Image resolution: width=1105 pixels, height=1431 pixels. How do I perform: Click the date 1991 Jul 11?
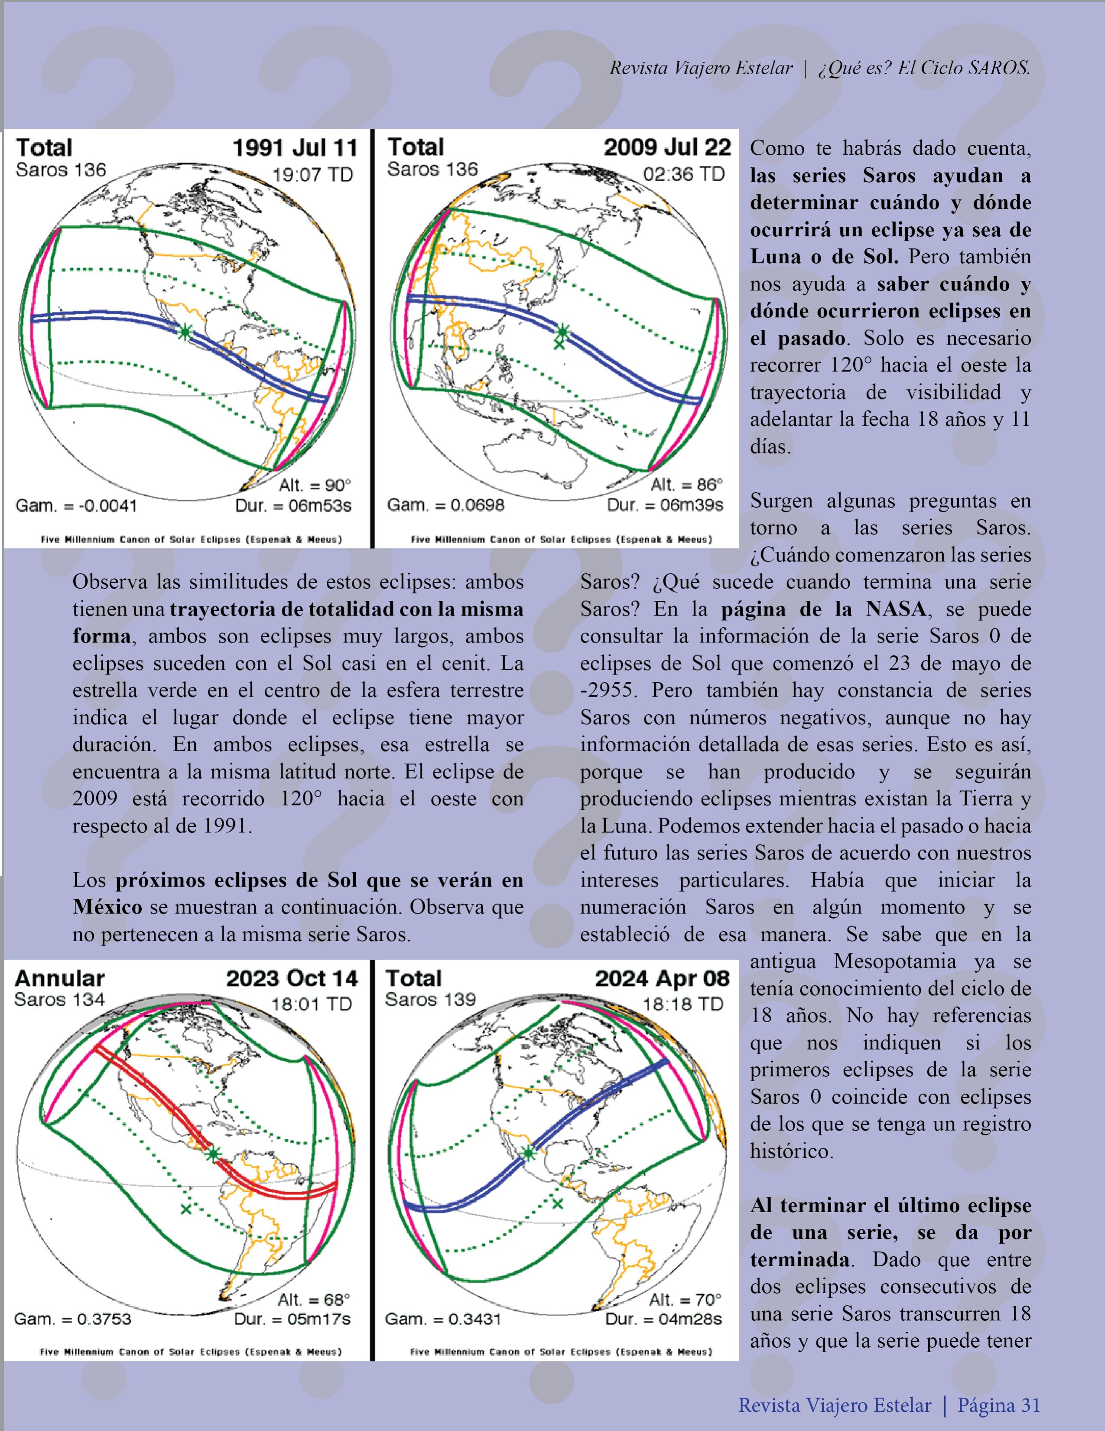pos(295,147)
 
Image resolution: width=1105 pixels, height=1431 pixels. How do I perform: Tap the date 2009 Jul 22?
pos(667,147)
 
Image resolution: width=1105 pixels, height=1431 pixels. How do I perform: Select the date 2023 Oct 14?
pos(292,978)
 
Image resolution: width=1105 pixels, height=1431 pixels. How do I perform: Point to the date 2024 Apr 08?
pos(662,978)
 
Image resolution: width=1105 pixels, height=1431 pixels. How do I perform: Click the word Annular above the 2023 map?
pos(59,978)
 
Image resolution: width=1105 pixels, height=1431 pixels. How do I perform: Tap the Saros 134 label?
pos(59,999)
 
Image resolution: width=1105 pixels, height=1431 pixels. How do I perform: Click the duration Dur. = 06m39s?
pos(664,505)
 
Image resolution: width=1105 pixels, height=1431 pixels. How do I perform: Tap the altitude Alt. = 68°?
pos(314,1299)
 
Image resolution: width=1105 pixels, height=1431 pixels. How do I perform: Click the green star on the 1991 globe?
pos(185,332)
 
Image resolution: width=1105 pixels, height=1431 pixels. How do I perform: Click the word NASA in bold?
pos(895,610)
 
